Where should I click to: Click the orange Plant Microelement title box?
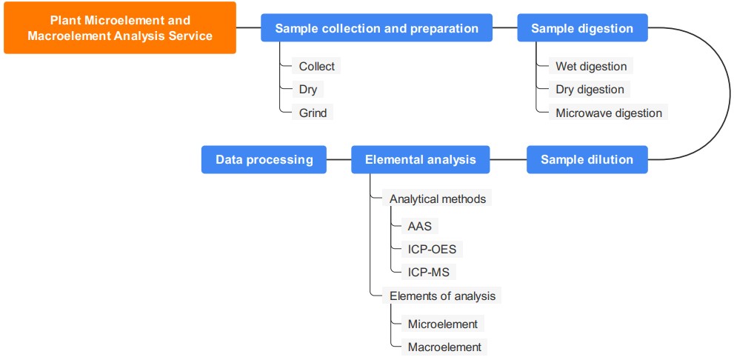120,28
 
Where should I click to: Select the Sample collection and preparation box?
376,28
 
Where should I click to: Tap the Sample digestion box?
582,28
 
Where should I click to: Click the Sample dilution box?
587,159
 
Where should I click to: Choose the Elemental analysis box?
420,159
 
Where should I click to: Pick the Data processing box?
264,159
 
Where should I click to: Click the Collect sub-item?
316,66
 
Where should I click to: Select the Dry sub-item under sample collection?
307,89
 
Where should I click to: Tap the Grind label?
312,112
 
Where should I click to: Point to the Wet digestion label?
591,66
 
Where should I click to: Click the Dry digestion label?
590,89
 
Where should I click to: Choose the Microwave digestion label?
608,112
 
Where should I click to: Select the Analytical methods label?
438,199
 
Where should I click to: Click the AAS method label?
419,226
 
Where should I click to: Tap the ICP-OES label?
432,249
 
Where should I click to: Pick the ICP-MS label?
428,272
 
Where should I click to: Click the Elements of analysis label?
442,296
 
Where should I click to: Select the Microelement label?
443,324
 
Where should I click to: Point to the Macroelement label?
444,347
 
